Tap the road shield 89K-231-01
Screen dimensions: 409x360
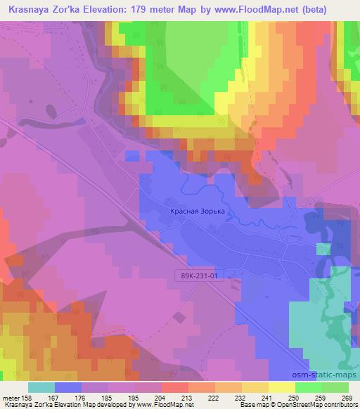[x=200, y=276]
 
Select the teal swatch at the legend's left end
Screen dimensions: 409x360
[x=41, y=387]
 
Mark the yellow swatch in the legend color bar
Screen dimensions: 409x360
[x=281, y=387]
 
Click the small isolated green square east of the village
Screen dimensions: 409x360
[x=323, y=249]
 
